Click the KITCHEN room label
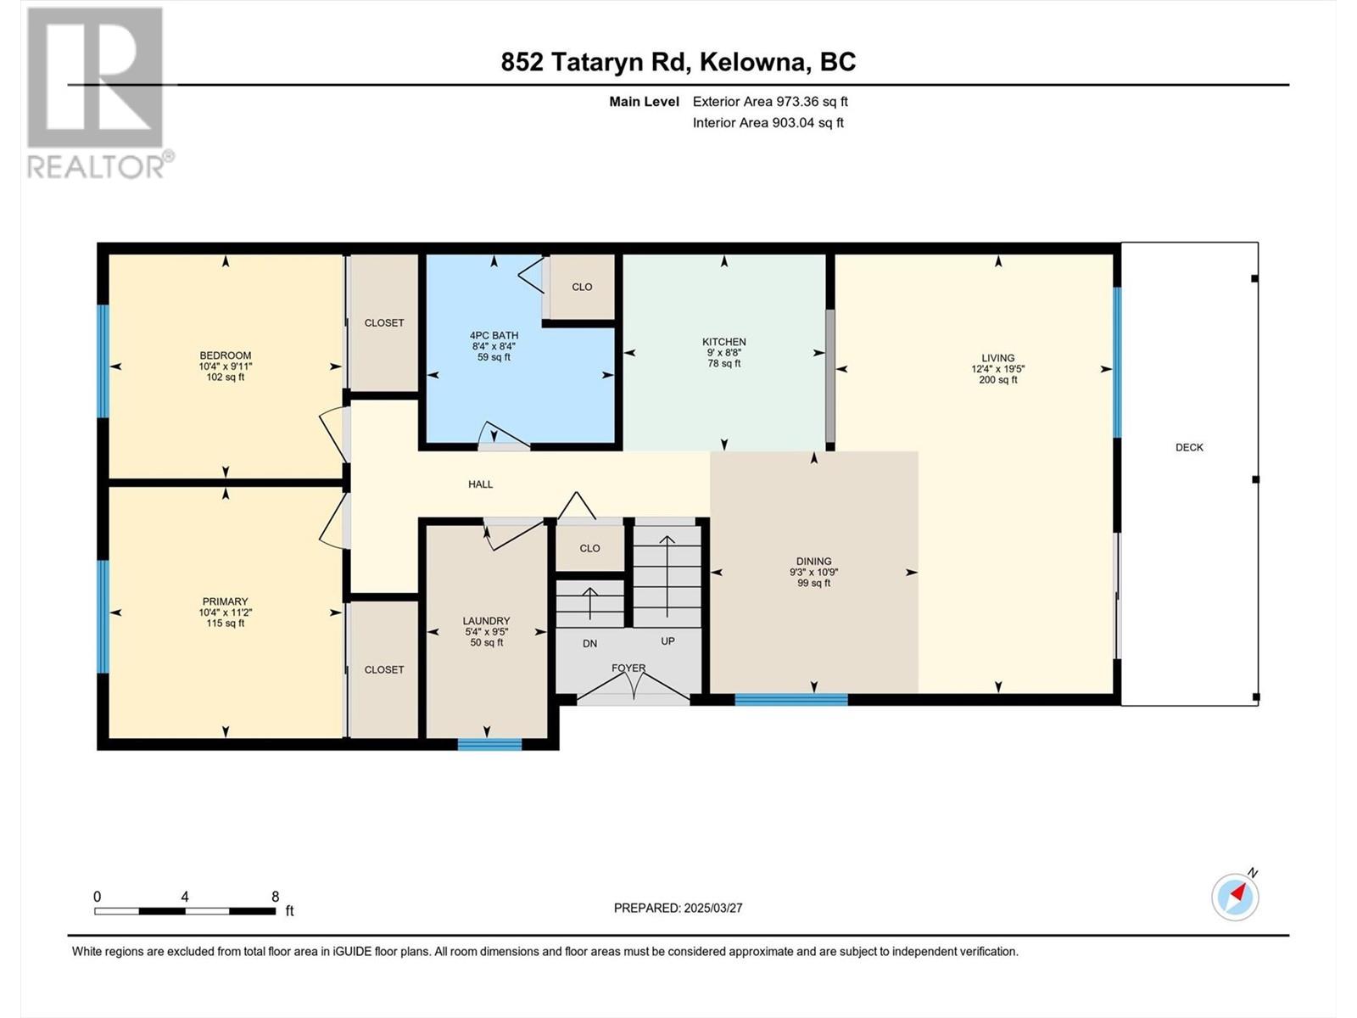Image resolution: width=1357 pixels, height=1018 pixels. coord(724,342)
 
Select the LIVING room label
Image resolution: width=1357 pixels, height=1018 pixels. coord(997,358)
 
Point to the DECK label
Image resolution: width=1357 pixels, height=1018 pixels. coord(1189,448)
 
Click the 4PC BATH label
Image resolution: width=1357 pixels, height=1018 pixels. coord(494,336)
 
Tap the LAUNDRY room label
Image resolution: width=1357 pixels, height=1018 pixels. coord(487,621)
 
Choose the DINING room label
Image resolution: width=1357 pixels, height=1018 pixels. coord(813,562)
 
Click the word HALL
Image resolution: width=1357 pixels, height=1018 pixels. coord(480,484)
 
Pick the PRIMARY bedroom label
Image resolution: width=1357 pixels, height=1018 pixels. coord(225,602)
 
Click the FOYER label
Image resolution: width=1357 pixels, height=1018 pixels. coord(628,668)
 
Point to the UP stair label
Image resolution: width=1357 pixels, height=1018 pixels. coord(667,641)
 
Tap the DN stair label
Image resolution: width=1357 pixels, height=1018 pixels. coord(589,644)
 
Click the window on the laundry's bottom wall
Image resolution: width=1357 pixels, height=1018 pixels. coord(489,744)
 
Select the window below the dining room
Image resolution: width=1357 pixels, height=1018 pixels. coord(791,700)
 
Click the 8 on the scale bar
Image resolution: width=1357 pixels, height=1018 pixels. coord(275,897)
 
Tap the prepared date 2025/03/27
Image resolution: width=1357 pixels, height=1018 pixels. coord(712,908)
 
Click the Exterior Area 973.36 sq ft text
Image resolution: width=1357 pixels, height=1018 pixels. coord(770,101)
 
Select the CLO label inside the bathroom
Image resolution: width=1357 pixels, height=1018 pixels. coord(582,288)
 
